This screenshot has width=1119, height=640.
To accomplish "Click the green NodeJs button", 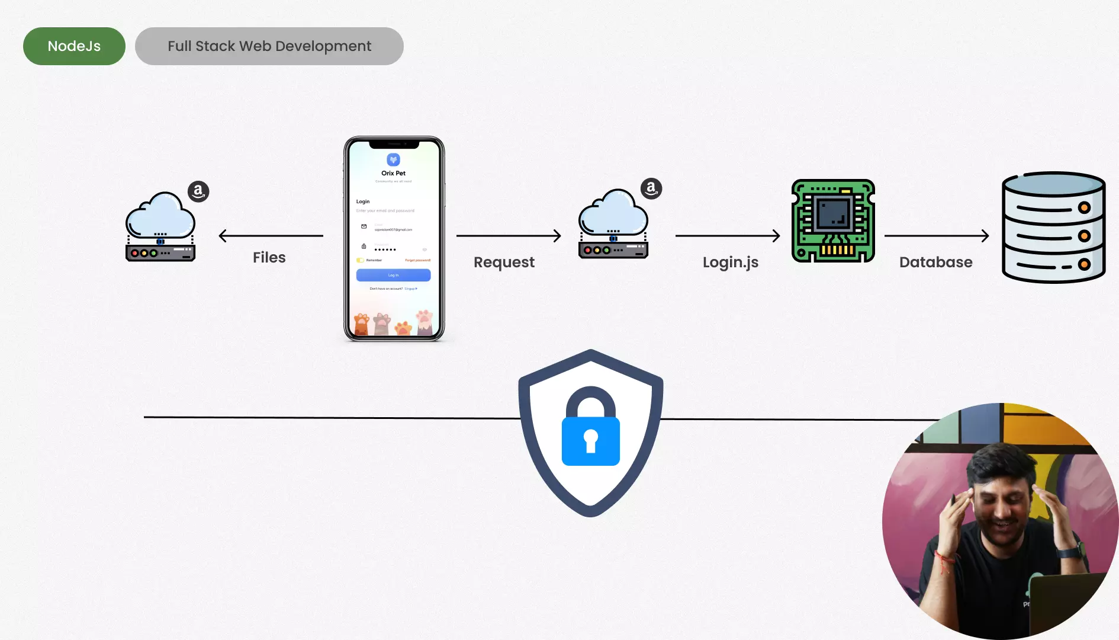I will [x=74, y=46].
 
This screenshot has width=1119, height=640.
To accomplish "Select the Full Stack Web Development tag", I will [x=269, y=46].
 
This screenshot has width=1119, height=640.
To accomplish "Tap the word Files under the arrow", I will [x=269, y=258].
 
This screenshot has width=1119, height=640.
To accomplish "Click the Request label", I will [x=504, y=263].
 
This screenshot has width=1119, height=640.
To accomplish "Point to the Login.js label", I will [x=731, y=263].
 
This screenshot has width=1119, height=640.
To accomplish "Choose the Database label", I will [x=935, y=263].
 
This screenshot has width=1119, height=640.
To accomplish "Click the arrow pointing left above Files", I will [x=271, y=236].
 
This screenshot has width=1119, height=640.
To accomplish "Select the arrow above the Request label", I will [x=509, y=236].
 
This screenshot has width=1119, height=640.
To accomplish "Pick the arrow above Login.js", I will [x=728, y=236].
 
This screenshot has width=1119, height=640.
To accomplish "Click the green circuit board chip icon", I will [x=833, y=221].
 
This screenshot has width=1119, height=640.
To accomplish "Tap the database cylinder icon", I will [x=1053, y=228].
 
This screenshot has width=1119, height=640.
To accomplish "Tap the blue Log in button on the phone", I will [x=393, y=275].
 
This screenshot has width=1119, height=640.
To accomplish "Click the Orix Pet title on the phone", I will [x=393, y=173].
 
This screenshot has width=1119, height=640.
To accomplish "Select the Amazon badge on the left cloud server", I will [x=198, y=191].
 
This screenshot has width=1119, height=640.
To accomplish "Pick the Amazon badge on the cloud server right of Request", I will [x=651, y=188].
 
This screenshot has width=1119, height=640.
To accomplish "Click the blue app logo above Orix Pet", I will [x=393, y=159].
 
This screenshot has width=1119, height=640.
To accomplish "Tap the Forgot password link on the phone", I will [x=417, y=260].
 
